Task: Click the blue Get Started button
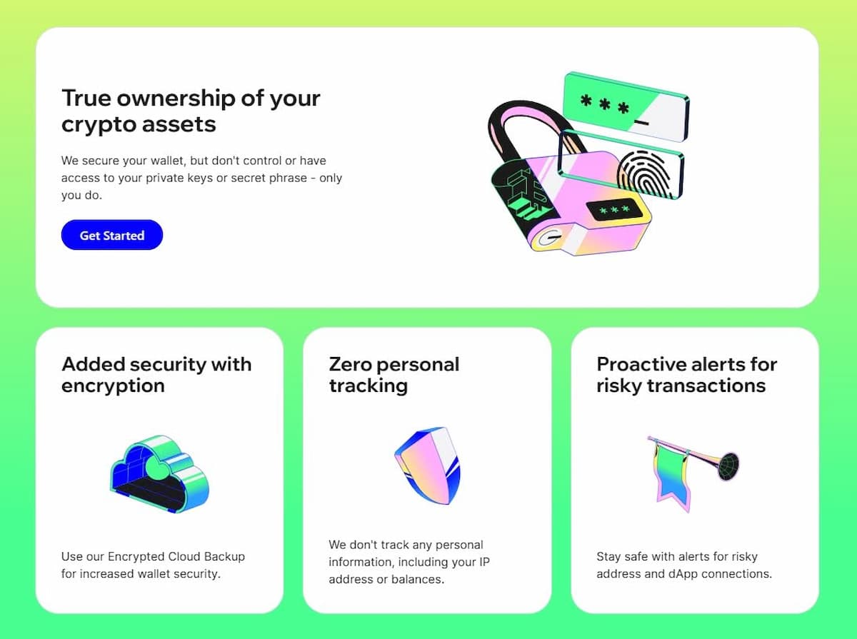click(112, 236)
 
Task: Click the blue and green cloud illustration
click(159, 474)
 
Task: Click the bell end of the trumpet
click(728, 466)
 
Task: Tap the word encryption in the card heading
click(113, 386)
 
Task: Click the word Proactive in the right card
click(642, 364)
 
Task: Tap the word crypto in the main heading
click(97, 124)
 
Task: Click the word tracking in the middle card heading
click(368, 386)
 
